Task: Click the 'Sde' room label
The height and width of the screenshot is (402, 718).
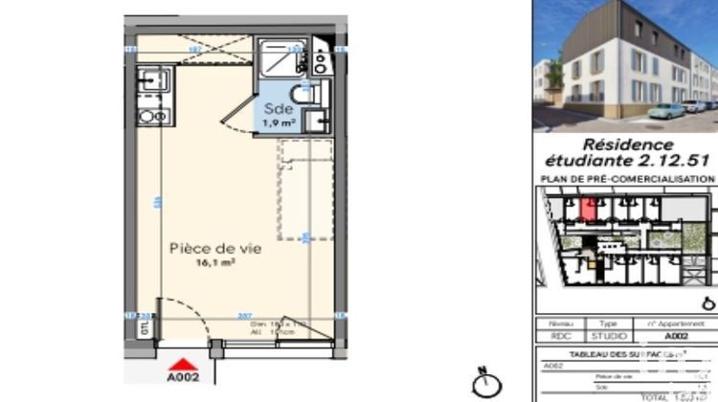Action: (278, 108)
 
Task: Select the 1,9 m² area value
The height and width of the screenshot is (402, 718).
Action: (279, 123)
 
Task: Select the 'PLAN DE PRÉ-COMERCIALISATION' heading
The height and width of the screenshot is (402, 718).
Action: (628, 179)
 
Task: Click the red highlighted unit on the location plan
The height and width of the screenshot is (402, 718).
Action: (591, 207)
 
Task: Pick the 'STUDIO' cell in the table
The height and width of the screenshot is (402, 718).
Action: (609, 337)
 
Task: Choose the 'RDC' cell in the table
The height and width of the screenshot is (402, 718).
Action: (561, 337)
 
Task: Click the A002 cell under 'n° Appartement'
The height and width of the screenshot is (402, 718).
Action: (676, 337)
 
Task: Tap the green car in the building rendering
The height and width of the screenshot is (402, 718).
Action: (668, 110)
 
